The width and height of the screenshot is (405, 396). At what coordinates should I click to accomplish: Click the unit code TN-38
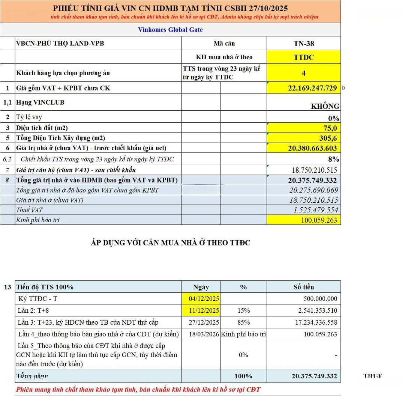pos(304,44)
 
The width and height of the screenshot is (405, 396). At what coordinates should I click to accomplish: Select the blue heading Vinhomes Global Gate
pos(170,30)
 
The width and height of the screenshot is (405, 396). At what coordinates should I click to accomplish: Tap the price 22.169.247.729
pos(312,88)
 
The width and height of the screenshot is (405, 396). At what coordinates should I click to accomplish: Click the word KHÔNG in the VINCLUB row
pos(325,106)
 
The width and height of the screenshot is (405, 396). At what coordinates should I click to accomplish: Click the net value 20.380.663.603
pos(312,148)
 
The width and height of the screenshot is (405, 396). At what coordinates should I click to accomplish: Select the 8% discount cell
pos(333,159)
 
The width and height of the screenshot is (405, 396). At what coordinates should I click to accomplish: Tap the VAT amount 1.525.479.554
pos(313,210)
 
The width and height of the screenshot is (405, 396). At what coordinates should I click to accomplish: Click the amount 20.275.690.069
pos(313,190)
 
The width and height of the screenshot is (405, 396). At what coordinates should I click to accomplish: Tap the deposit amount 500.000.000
pos(320,299)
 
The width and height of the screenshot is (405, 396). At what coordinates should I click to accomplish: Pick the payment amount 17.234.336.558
pos(314,322)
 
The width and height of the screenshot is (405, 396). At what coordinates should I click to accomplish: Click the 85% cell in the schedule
pos(243,322)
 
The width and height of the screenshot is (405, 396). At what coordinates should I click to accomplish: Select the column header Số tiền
pos(303,287)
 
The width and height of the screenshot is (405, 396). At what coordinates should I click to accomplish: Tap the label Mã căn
pos(224,44)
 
